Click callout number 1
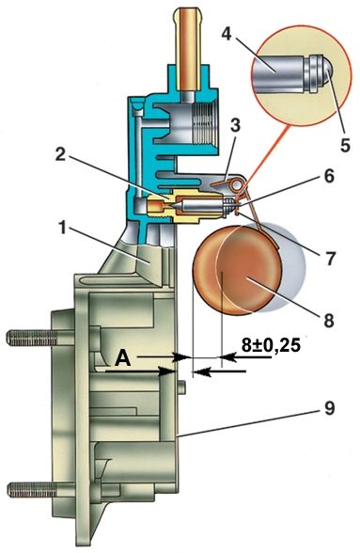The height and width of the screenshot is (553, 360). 63,229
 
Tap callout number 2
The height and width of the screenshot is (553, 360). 61,154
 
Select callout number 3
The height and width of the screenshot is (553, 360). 235,126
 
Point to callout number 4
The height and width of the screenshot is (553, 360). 227,34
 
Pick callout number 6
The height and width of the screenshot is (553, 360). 329,176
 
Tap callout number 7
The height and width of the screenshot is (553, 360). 330,258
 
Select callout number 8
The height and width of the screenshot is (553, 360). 328,321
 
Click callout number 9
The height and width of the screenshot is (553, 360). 329,409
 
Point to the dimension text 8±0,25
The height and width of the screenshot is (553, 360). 271,344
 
